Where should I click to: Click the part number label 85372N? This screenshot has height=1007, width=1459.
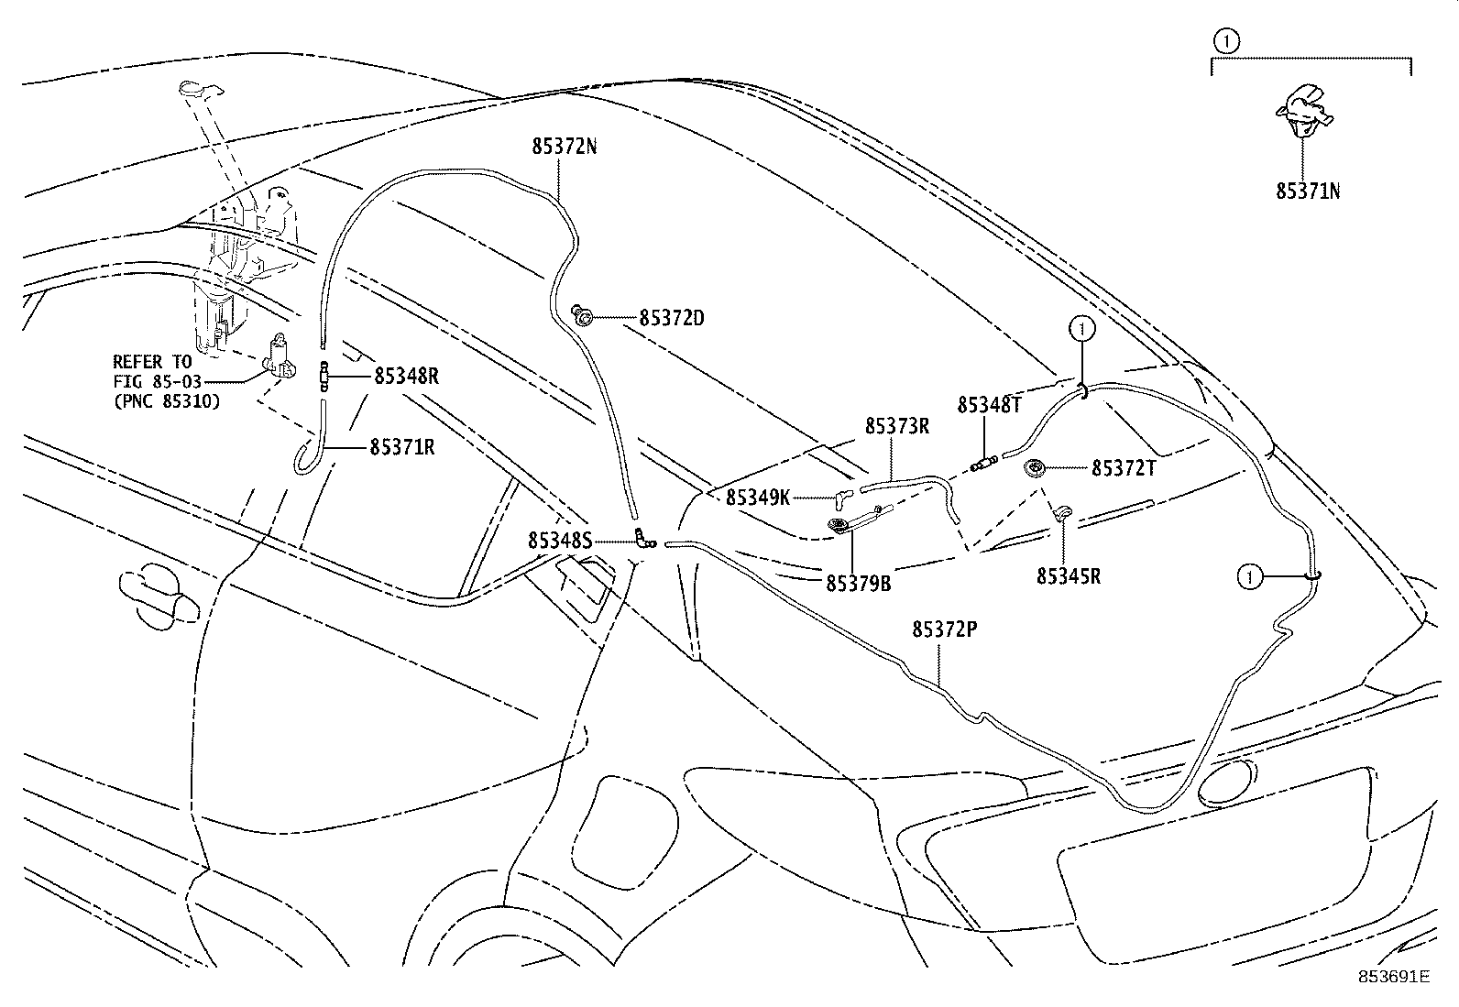(x=564, y=146)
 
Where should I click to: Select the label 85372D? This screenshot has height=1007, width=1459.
(x=672, y=318)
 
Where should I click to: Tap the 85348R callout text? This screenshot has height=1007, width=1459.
(x=406, y=376)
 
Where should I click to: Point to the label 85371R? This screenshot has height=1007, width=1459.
(x=402, y=447)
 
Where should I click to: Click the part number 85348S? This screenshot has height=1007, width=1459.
(x=559, y=542)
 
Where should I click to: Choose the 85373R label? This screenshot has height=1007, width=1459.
(x=897, y=426)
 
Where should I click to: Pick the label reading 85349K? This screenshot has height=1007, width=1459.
(x=758, y=498)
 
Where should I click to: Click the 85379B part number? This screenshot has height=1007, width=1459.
(x=858, y=583)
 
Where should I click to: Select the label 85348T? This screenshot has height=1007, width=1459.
(x=989, y=405)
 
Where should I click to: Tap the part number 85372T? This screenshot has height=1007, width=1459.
(x=1124, y=468)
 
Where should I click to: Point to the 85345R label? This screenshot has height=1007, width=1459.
(x=1069, y=576)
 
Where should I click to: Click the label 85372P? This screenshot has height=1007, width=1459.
(x=945, y=629)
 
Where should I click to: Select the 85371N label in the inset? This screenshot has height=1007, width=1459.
(x=1309, y=192)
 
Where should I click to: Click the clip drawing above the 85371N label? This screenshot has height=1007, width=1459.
(x=1303, y=110)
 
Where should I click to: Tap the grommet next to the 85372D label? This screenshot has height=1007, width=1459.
(x=582, y=317)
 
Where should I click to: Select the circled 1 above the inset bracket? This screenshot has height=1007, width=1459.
(x=1225, y=40)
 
